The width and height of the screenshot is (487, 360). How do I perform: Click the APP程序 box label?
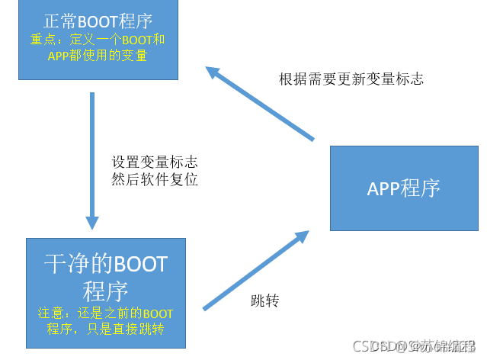403,188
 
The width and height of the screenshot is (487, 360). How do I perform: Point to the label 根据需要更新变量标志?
351,79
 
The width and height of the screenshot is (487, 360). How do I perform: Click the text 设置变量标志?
155,162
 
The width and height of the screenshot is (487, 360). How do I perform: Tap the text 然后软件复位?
155,181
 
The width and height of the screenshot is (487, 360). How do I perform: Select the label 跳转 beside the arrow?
264,301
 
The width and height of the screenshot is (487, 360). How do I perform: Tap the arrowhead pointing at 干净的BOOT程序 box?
92,221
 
